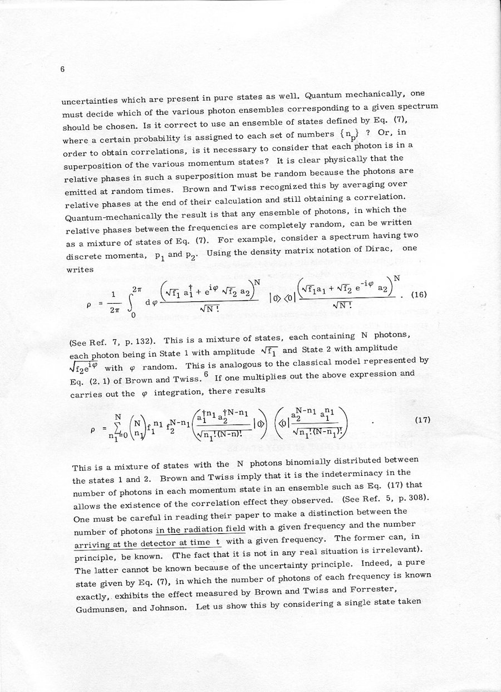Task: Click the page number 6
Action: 63,70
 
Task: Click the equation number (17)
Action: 423,420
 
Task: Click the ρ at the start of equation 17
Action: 93,431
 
